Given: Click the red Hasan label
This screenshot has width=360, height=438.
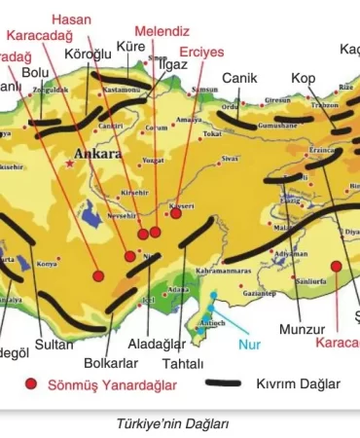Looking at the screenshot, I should (x=71, y=18).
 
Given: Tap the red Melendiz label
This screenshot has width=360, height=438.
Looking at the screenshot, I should (x=162, y=31).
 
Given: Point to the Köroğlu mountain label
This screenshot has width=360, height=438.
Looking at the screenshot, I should (x=88, y=55).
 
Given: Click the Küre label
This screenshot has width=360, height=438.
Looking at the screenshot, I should (x=130, y=46).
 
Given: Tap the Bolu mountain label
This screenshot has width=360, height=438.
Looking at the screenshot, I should (x=35, y=72).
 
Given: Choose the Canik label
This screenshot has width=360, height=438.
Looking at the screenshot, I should (x=239, y=77).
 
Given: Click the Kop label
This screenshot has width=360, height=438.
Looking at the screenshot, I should (x=303, y=77).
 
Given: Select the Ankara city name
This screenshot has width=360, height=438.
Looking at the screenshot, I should (x=97, y=154).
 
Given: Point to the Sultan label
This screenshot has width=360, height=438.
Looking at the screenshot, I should (x=54, y=344).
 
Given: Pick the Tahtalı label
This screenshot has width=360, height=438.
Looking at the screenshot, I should (x=183, y=363).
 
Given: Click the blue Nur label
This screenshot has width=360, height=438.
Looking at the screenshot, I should (x=251, y=344).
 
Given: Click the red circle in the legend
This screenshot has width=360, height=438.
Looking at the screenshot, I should (x=32, y=384).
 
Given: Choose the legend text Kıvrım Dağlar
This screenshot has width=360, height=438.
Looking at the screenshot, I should (x=298, y=384).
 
